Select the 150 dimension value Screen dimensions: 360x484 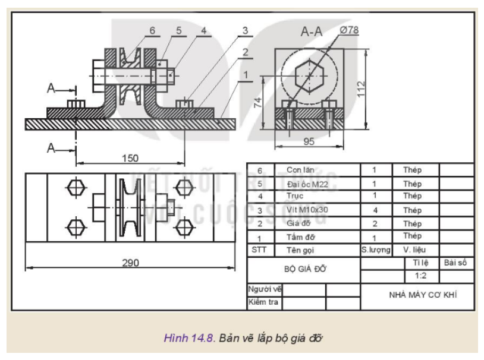tap(130, 158)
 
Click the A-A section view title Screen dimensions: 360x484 tap(311, 33)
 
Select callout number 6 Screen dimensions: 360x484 tap(136, 30)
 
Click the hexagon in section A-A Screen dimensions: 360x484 tap(310, 77)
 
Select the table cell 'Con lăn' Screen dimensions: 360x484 tap(300, 170)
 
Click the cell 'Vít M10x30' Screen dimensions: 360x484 tap(306, 210)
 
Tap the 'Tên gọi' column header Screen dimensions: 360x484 tap(300, 250)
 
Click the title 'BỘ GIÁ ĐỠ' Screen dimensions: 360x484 tap(303, 269)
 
